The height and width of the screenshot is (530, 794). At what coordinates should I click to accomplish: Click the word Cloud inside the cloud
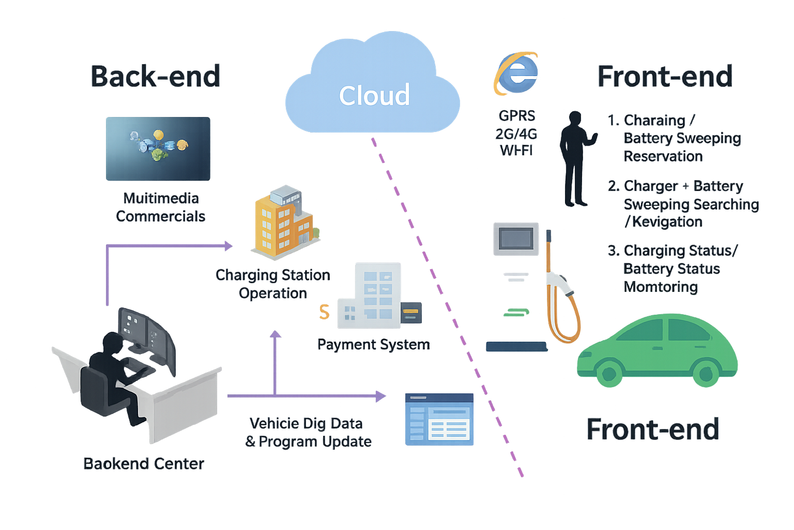click(x=374, y=96)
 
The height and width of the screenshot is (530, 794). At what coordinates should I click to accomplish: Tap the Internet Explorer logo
click(x=516, y=73)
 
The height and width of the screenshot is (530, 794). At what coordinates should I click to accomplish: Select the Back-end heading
click(x=156, y=77)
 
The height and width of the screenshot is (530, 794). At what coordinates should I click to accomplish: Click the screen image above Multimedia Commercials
click(x=158, y=149)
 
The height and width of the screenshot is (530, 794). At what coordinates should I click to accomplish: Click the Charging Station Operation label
click(x=273, y=284)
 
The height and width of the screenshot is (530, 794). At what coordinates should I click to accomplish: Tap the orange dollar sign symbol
click(x=324, y=312)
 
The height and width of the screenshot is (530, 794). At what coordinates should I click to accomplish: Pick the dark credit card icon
click(x=411, y=312)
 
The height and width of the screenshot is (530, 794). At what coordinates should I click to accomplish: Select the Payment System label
click(x=373, y=345)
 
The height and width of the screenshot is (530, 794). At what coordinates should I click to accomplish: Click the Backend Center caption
click(x=144, y=464)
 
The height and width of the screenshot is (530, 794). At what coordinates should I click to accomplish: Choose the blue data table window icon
click(x=439, y=419)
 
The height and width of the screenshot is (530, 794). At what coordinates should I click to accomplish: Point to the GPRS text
click(x=517, y=116)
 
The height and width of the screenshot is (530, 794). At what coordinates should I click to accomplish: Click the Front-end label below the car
click(x=653, y=430)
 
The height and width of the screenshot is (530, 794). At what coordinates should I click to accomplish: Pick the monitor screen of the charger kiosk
click(x=516, y=239)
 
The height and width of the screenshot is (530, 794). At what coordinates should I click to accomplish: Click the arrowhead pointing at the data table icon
click(x=381, y=396)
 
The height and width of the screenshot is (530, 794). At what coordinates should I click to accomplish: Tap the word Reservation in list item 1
click(x=663, y=156)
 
